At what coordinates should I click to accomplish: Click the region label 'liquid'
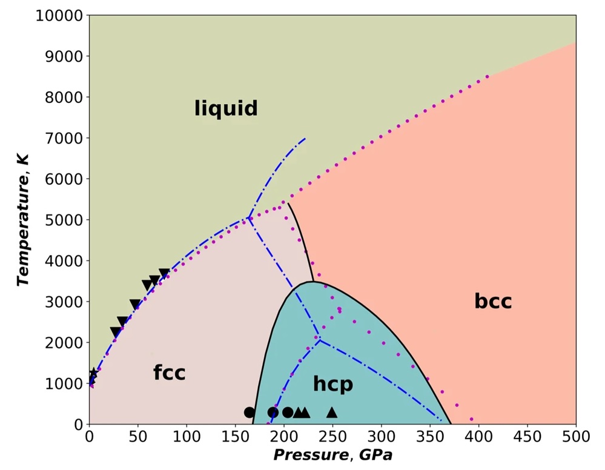[226, 108]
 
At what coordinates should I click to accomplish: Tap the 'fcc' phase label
[169, 372]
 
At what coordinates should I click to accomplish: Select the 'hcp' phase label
[332, 384]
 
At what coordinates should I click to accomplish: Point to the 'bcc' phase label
[493, 301]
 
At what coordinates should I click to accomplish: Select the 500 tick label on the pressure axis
[576, 437]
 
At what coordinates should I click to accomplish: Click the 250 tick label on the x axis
[332, 437]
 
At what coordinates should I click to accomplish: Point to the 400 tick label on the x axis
[478, 437]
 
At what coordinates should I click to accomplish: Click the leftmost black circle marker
[249, 412]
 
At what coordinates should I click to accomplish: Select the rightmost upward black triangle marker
[332, 412]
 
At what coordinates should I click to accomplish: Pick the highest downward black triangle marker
[164, 274]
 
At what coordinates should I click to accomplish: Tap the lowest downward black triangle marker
[116, 332]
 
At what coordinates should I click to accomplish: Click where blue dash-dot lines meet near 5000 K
[248, 217]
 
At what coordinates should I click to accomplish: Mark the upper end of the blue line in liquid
[305, 138]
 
